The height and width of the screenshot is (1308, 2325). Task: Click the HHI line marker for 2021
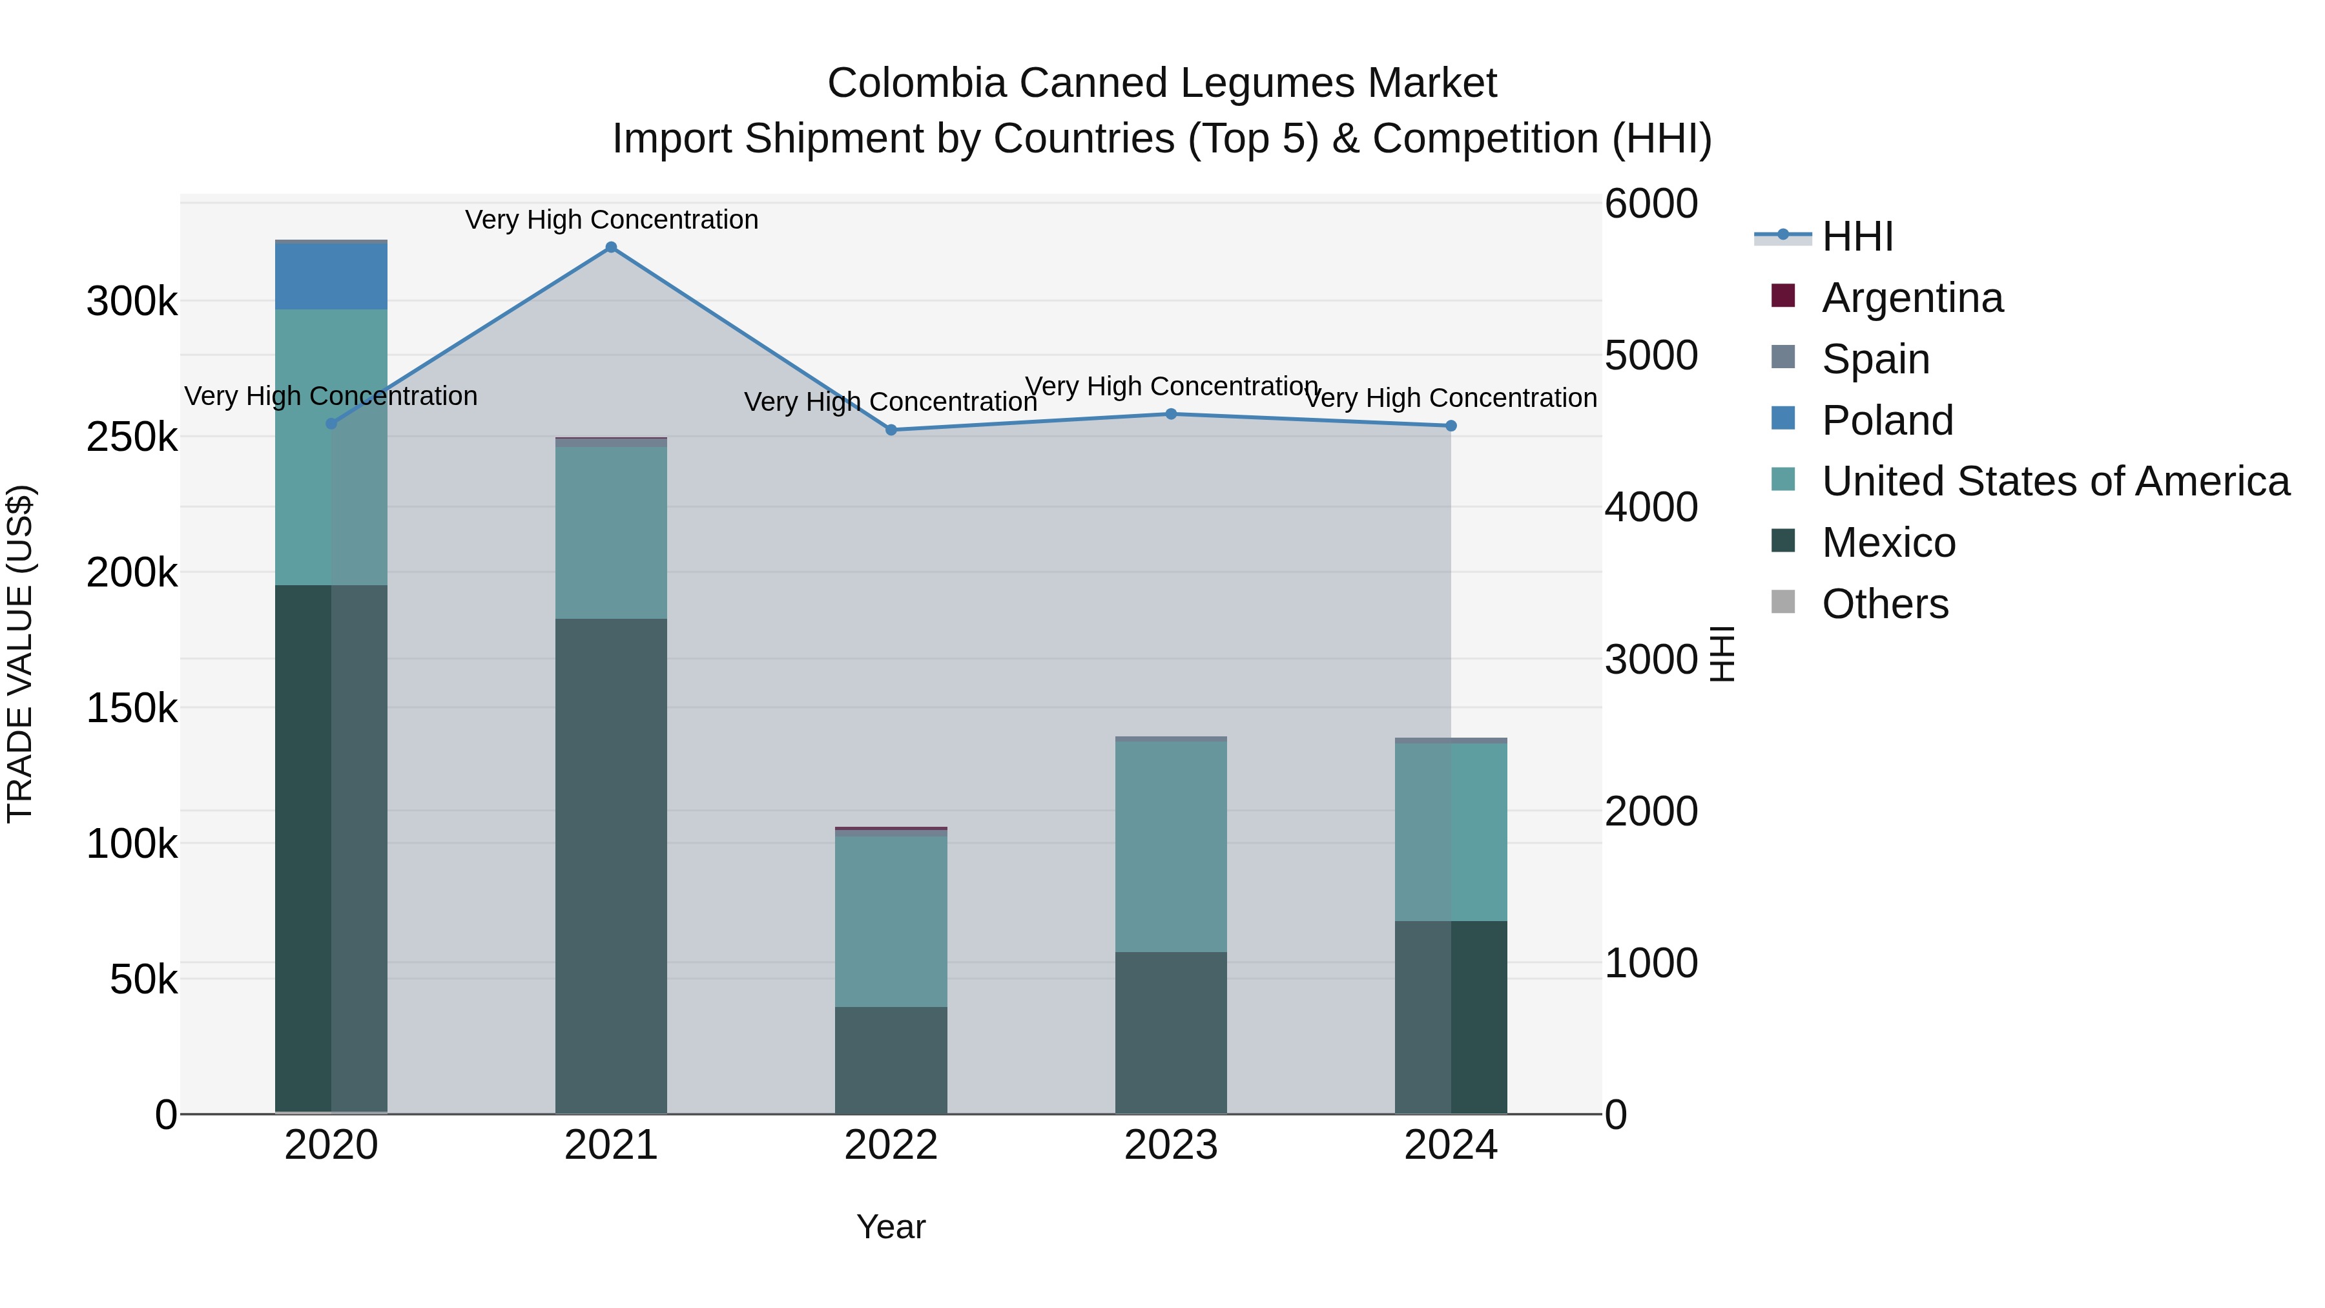(611, 247)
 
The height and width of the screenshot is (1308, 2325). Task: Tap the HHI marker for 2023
(1171, 414)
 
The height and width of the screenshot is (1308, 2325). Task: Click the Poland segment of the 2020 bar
(331, 276)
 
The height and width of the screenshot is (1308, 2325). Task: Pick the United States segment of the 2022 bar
(891, 920)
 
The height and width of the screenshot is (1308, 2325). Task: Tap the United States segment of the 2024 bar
(1451, 831)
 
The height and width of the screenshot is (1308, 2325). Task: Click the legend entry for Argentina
(1912, 298)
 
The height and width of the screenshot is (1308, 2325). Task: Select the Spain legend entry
(1875, 359)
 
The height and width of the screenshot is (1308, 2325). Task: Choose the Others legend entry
(1885, 604)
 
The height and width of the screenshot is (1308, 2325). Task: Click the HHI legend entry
(1857, 236)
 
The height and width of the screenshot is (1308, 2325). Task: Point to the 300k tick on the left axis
(132, 302)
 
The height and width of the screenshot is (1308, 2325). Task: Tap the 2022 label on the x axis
(891, 1145)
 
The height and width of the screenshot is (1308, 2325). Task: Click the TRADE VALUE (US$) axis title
(20, 654)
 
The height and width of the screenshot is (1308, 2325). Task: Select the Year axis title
(891, 1227)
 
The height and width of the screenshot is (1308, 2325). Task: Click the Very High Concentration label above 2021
(611, 220)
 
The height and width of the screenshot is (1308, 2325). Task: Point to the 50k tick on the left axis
(143, 979)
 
